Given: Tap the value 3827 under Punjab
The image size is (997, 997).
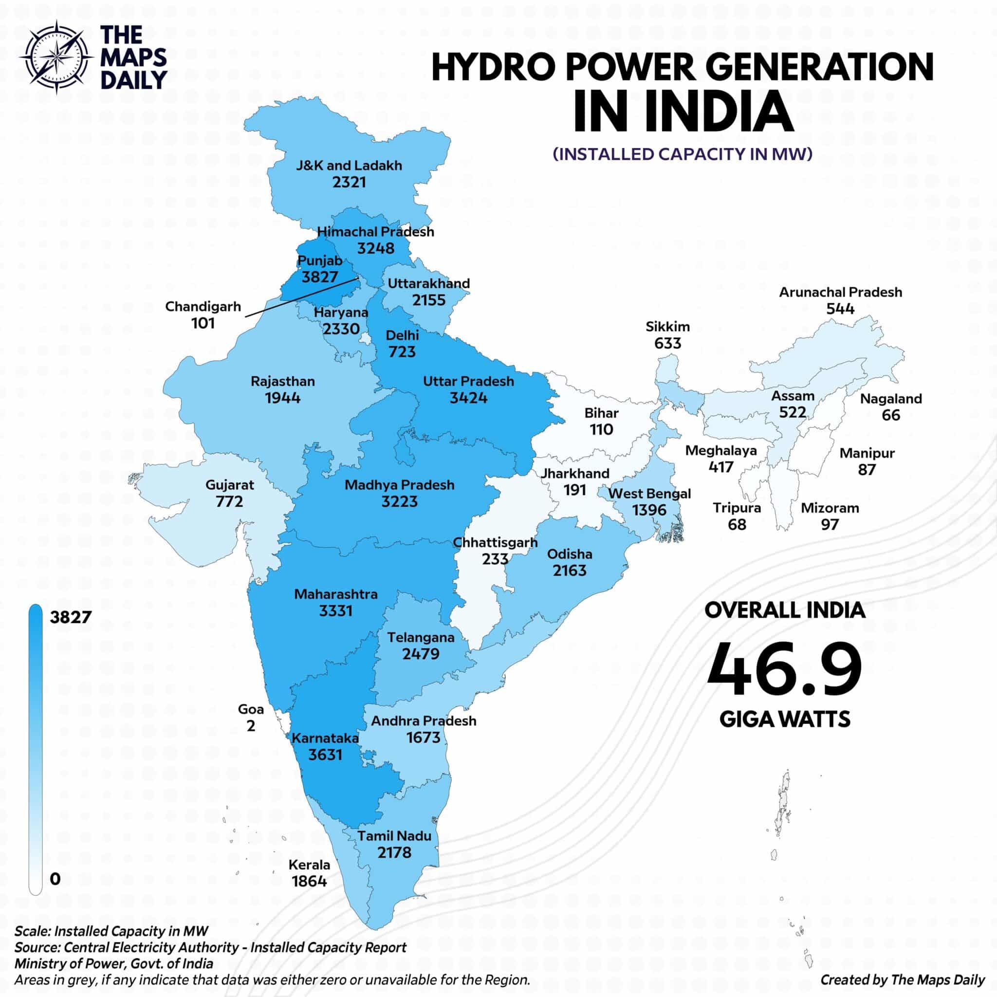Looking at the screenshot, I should pyautogui.click(x=319, y=277).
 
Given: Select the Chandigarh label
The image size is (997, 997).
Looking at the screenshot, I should pyautogui.click(x=203, y=307).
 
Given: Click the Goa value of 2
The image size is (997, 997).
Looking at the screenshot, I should pyautogui.click(x=251, y=726).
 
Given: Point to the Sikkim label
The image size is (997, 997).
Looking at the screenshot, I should pyautogui.click(x=667, y=327).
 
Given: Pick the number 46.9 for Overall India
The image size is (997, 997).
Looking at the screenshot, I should pyautogui.click(x=784, y=670).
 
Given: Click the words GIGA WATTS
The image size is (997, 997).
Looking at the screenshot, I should pyautogui.click(x=784, y=719).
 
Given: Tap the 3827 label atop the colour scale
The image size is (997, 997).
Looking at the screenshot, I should pyautogui.click(x=70, y=617).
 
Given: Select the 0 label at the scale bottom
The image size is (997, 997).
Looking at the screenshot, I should pyautogui.click(x=55, y=879).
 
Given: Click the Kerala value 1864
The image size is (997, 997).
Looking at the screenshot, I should pyautogui.click(x=309, y=881).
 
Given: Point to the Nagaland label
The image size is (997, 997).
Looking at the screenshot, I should pyautogui.click(x=891, y=398).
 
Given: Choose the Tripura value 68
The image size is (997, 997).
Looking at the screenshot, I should pyautogui.click(x=737, y=524).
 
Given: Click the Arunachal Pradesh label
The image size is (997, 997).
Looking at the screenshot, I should pyautogui.click(x=841, y=292).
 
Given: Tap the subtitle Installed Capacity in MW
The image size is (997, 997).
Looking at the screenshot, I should pyautogui.click(x=682, y=154).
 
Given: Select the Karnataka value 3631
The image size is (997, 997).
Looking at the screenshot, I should pyautogui.click(x=325, y=755).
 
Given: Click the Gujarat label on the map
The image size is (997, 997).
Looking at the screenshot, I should pyautogui.click(x=230, y=485).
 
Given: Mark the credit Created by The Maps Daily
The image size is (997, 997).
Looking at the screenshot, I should pyautogui.click(x=903, y=979).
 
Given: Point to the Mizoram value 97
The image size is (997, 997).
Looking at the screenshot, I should pyautogui.click(x=830, y=524).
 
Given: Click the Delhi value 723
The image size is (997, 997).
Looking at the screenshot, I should pyautogui.click(x=402, y=352).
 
